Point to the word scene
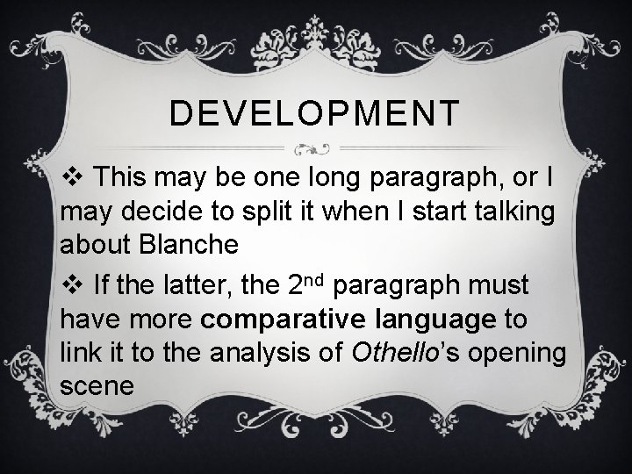(x=97, y=386)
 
